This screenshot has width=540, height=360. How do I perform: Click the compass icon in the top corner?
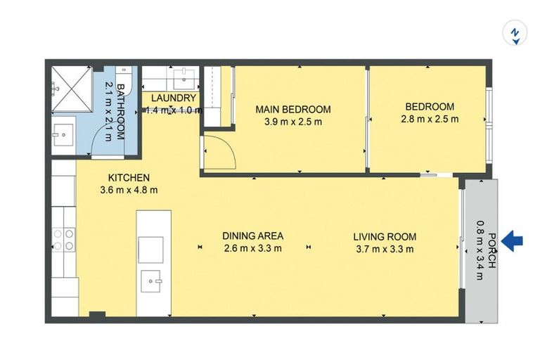point(515,33)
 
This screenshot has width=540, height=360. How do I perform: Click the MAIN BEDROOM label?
point(292,110)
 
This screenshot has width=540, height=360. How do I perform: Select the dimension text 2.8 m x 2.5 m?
point(430,119)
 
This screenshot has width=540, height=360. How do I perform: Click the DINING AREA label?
point(252,236)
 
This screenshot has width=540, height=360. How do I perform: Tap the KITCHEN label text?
point(128,177)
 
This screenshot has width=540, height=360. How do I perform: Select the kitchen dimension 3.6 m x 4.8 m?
point(128,189)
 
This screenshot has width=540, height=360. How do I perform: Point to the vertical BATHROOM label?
point(120,112)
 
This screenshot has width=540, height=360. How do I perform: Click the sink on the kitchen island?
point(151,281)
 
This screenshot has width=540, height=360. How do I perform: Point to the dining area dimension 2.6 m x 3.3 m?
point(252,248)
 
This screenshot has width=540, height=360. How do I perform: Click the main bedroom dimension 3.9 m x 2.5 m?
point(292,121)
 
